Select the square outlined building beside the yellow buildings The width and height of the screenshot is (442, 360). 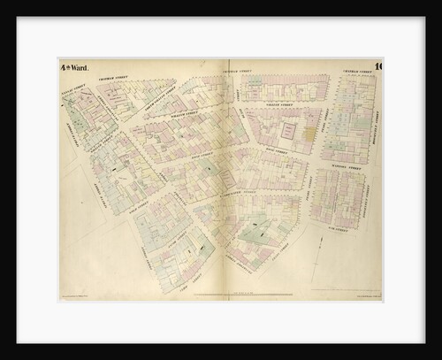click(x=287, y=130)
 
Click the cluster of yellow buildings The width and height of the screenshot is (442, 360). click(x=309, y=133)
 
